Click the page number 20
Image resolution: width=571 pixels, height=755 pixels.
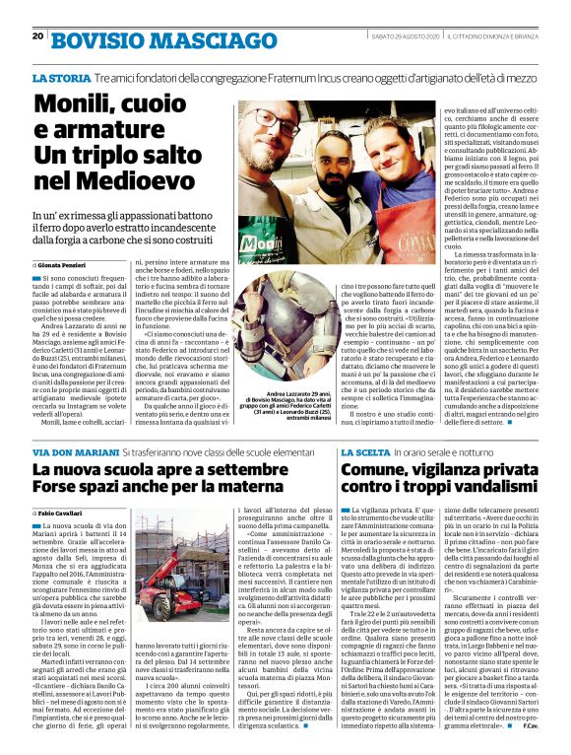pyautogui.click(x=37, y=36)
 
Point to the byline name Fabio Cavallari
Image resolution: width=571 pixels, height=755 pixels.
pyautogui.click(x=67, y=514)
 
